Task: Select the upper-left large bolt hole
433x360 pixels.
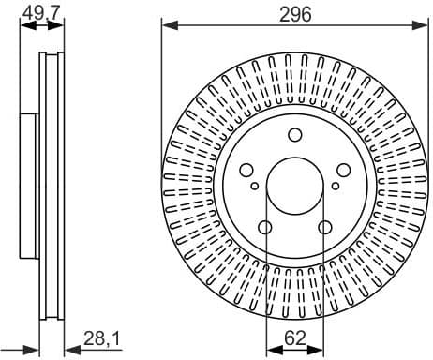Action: coord(247,170)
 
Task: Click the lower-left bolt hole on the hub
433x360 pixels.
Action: coord(265,227)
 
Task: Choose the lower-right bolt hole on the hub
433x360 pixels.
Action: coord(324,227)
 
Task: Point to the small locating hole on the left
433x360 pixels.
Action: coord(254,187)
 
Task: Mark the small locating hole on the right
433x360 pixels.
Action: coord(335,187)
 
